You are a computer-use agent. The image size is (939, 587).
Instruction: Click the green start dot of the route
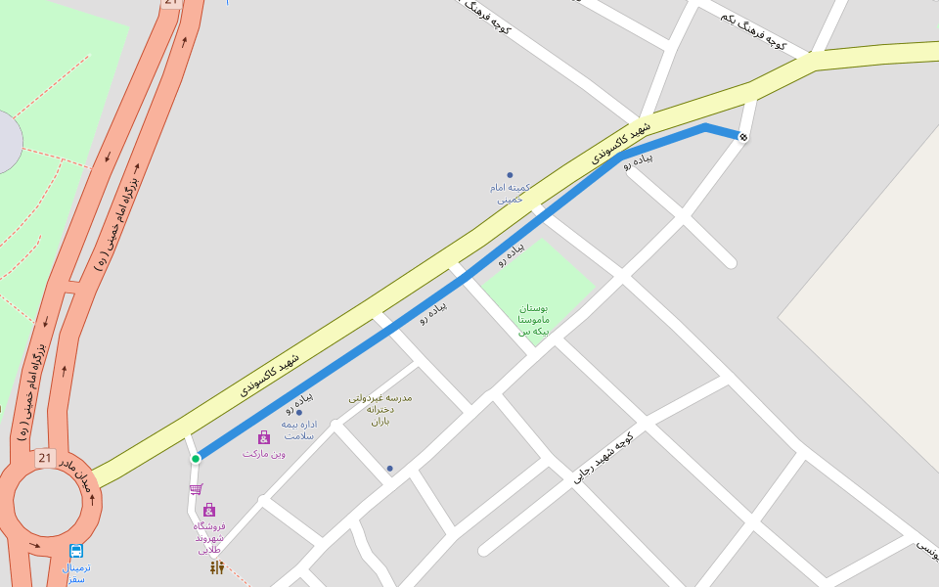tap(196, 458)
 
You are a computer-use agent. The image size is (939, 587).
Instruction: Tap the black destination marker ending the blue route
tap(743, 137)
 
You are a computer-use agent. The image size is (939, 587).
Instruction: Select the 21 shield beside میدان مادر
tap(45, 458)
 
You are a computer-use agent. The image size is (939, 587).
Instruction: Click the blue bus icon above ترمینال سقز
tap(76, 551)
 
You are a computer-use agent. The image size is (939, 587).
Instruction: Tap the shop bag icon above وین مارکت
tap(263, 437)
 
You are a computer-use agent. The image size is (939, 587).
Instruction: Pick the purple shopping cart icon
tap(196, 489)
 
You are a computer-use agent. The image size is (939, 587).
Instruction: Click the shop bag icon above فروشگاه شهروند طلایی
tap(209, 510)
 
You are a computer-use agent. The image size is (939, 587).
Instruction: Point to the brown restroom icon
tap(216, 567)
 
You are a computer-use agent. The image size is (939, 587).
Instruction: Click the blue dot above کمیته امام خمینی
tap(510, 175)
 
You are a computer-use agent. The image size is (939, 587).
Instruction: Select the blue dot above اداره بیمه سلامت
tap(299, 412)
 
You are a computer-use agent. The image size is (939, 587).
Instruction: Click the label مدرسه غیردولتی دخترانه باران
tap(380, 409)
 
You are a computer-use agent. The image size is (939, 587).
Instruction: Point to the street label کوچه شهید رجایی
tap(603, 458)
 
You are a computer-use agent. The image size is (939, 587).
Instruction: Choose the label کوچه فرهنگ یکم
tap(754, 31)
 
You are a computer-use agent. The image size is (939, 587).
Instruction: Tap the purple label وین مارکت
tap(264, 453)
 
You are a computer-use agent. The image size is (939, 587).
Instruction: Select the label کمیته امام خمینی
tap(510, 192)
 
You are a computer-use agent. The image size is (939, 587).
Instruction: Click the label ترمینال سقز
tap(75, 573)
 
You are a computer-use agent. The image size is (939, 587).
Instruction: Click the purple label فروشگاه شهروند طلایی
tap(209, 537)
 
